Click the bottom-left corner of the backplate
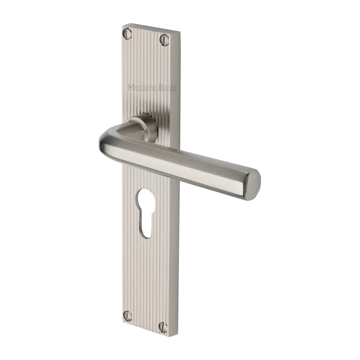(122, 319)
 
